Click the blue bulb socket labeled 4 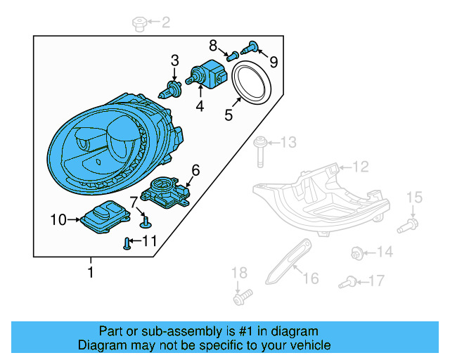pyautogui.click(x=207, y=73)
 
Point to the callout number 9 pyautogui.click(x=274, y=62)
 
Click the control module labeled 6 pyautogui.click(x=167, y=189)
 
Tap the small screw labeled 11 pyautogui.click(x=127, y=244)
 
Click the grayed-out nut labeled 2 pyautogui.click(x=139, y=25)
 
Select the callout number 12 pyautogui.click(x=360, y=167)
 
